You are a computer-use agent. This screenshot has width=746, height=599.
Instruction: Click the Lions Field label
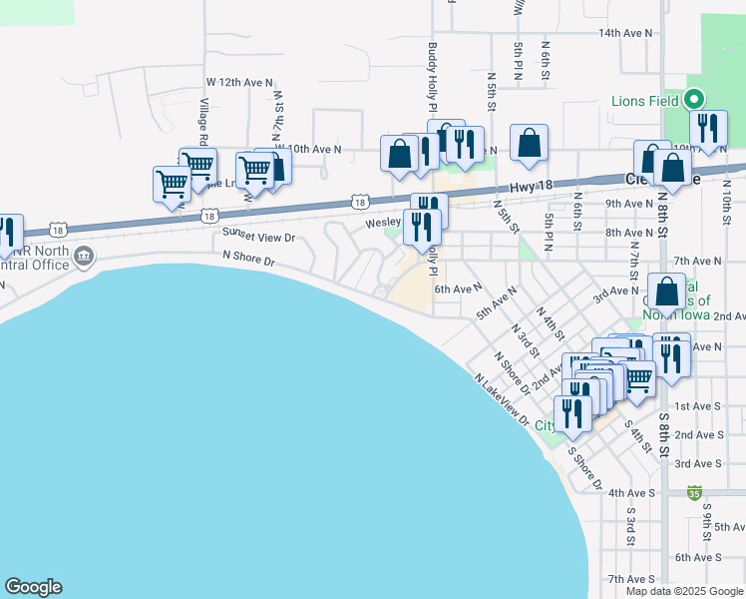pos(645,101)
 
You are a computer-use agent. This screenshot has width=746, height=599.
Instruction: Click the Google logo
pos(33,587)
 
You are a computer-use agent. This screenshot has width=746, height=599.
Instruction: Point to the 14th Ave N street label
pos(626,33)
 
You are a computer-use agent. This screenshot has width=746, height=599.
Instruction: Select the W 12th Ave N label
pos(239,81)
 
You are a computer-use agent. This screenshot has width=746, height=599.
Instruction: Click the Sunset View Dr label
pos(259,237)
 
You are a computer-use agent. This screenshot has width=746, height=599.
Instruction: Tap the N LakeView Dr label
pos(502,398)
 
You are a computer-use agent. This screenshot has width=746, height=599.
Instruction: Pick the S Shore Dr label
pos(584,467)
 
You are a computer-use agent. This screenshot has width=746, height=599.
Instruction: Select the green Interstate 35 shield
pos(694,493)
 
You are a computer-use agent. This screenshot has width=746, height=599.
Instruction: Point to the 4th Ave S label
pos(629,492)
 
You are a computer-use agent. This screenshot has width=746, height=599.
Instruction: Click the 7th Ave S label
pos(629,579)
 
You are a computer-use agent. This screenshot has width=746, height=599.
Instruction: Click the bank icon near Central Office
pos(85,257)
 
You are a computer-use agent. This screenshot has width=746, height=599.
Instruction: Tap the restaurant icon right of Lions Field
pos(708,129)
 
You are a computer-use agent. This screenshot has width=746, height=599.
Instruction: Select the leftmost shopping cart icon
pos(172,184)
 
